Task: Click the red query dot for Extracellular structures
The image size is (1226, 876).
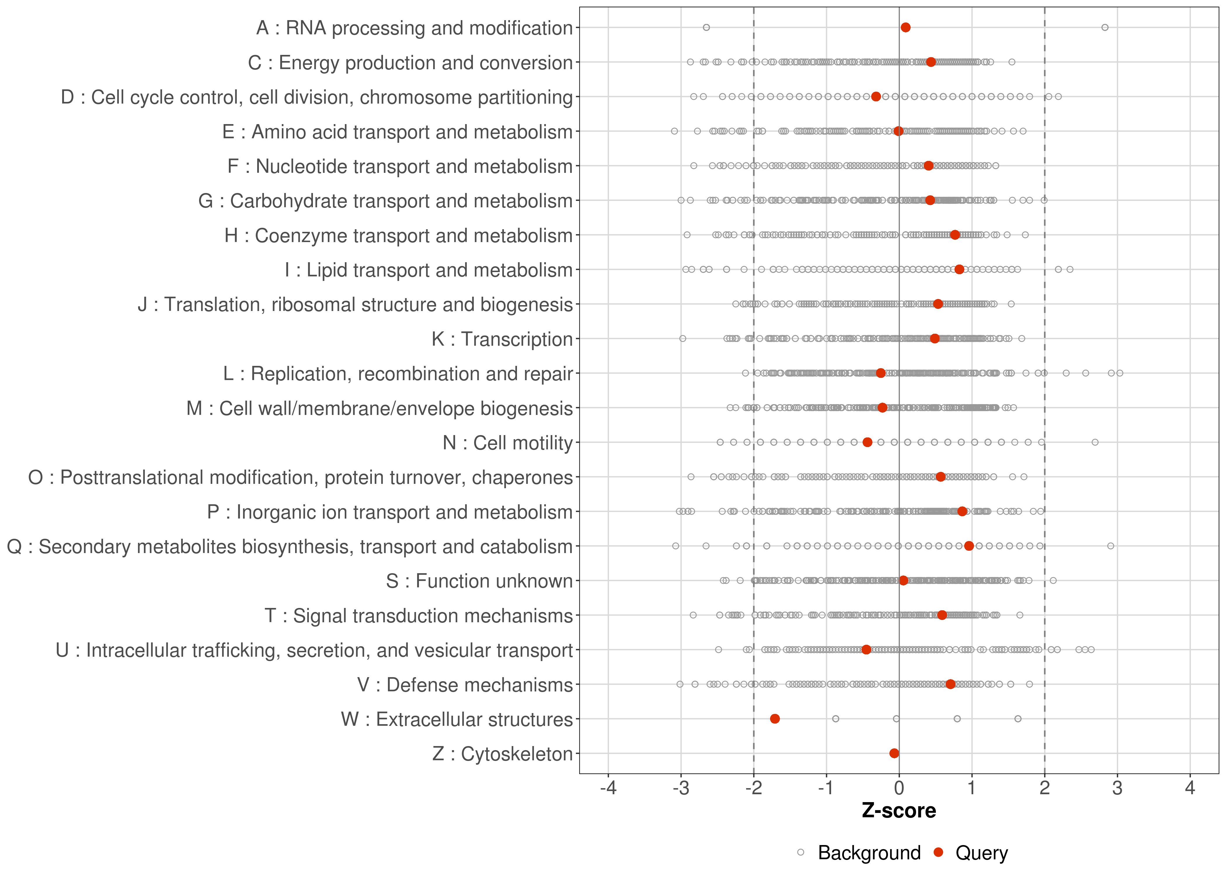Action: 775,719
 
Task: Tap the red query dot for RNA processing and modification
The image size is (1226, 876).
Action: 906,27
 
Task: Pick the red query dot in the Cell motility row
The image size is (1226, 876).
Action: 868,442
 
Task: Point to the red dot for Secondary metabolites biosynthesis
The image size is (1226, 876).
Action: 969,546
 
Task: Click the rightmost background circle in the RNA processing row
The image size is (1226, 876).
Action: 1105,27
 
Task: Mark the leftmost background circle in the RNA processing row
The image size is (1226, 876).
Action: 706,27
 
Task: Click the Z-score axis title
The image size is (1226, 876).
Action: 899,811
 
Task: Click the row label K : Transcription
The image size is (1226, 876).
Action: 502,339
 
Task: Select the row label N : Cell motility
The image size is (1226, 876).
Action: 507,443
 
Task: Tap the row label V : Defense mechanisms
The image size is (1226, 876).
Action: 465,685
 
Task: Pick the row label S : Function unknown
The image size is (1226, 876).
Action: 479,581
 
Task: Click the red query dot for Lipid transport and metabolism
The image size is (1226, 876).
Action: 959,269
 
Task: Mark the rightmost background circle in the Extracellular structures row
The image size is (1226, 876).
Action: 1018,719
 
